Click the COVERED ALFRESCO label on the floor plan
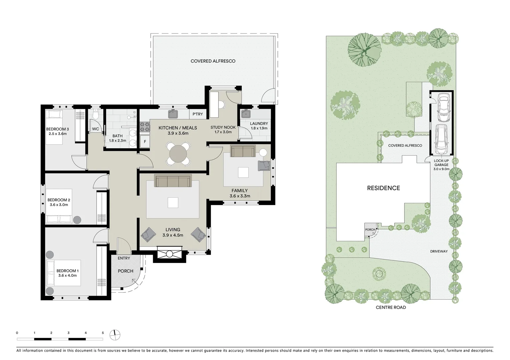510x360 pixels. coord(213,61)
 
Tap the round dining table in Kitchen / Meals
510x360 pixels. coord(178,154)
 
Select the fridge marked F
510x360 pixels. coord(145,141)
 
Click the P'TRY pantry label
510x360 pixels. coord(197,114)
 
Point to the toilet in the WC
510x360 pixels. coord(96,115)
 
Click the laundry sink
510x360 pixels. coord(246,114)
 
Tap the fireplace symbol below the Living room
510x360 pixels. coord(169,254)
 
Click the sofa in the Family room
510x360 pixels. coord(243,151)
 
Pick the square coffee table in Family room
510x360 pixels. coord(243,172)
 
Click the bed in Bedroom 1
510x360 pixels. coord(63,273)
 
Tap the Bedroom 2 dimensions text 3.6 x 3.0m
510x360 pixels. coord(59,205)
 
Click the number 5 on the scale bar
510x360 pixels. coord(103,333)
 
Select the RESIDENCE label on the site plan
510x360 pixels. coord(383,188)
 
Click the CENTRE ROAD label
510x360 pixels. coord(391,307)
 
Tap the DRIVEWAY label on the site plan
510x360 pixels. coord(439,251)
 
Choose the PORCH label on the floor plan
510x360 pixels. coord(125,271)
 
